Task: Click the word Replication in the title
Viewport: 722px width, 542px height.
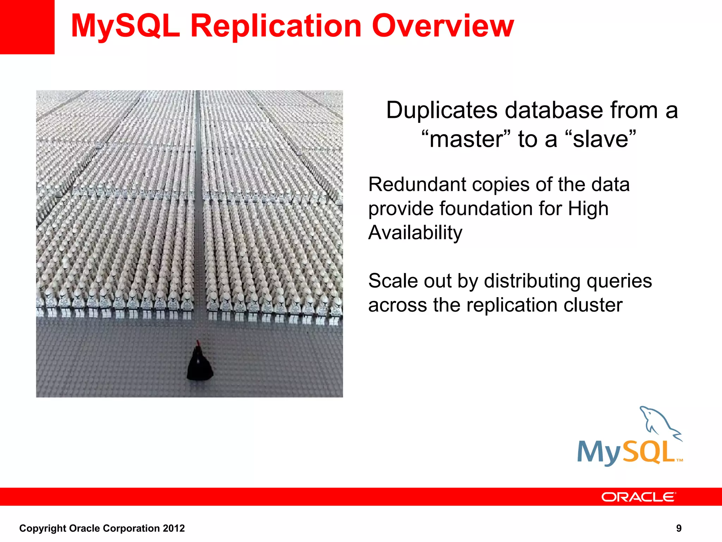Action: point(276,26)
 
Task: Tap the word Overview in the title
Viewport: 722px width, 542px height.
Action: point(443,26)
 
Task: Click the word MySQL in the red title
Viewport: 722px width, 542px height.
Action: point(126,26)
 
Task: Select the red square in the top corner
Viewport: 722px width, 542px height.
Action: point(27,27)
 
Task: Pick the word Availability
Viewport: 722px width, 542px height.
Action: point(415,233)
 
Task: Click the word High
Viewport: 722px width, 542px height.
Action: point(588,209)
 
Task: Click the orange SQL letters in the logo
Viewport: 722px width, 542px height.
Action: point(649,452)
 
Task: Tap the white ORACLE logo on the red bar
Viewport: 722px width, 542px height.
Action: point(638,497)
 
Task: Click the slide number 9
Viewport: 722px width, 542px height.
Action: point(679,528)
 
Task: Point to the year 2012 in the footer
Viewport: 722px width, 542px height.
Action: point(174,528)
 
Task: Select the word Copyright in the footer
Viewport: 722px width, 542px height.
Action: point(42,528)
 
